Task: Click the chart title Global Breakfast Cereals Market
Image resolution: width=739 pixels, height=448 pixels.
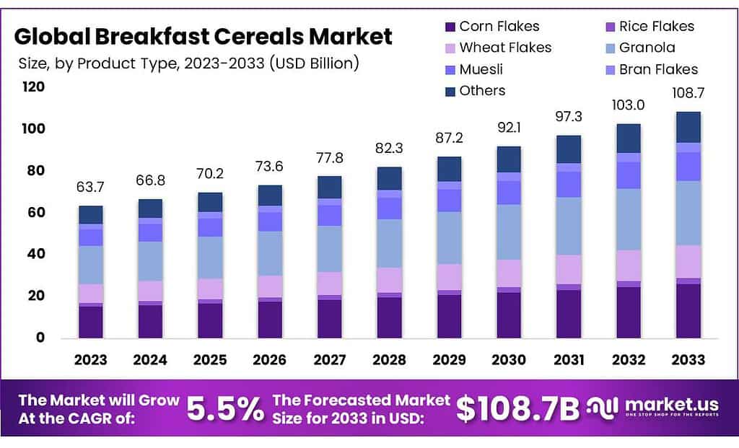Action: (204, 36)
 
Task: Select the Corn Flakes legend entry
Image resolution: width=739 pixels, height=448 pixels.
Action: (491, 27)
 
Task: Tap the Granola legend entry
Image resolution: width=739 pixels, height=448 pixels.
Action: (638, 48)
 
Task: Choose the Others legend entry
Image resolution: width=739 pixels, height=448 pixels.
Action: (474, 91)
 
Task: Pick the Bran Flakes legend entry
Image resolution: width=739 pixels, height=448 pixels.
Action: (650, 69)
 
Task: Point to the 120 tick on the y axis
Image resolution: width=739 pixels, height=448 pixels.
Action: (33, 87)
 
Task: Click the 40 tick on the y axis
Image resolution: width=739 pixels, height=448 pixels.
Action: (36, 254)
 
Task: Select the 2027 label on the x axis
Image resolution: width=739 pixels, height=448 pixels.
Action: (330, 359)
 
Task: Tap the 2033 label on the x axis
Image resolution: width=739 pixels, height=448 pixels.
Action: (688, 359)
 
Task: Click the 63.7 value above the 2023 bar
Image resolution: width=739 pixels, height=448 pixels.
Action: (91, 188)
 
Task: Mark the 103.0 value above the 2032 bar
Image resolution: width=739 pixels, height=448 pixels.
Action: (628, 105)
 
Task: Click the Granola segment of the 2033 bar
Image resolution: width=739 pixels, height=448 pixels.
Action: (688, 213)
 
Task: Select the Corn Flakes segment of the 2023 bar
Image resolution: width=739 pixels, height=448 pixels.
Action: (91, 322)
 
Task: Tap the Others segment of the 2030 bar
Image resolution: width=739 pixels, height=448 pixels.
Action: (509, 159)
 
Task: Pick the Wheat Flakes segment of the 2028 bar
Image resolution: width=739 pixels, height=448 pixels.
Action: (389, 280)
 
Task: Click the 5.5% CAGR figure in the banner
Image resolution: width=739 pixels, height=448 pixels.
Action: (225, 409)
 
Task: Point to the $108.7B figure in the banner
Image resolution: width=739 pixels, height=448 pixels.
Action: (518, 409)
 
